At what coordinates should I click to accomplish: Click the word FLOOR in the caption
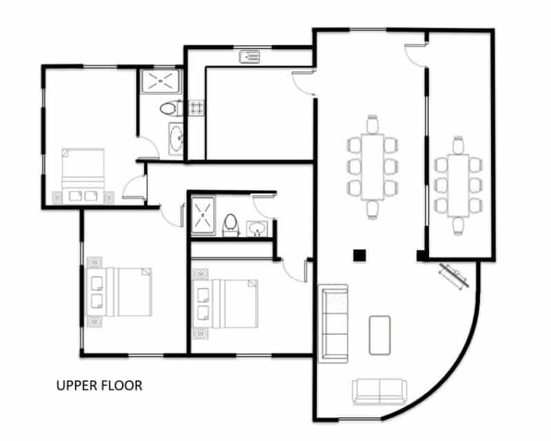(122, 386)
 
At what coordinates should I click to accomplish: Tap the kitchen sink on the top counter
(249, 57)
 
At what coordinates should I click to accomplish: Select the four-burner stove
(196, 107)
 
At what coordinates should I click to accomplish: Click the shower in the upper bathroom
(160, 81)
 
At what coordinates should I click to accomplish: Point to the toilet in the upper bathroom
(171, 108)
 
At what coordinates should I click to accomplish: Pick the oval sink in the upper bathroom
(176, 139)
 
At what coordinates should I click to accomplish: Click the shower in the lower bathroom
(202, 216)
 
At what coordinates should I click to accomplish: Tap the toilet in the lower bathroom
(231, 225)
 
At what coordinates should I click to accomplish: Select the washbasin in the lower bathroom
(257, 229)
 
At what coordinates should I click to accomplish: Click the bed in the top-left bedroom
(83, 176)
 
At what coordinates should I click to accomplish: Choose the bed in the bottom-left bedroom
(119, 292)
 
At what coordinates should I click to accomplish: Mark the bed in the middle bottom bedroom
(225, 304)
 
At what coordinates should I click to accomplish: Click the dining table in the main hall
(373, 167)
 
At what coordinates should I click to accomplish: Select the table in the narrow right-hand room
(458, 185)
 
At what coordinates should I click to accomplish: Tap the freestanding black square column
(360, 256)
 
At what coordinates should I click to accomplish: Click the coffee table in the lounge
(380, 335)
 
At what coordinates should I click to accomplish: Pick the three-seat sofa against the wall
(333, 324)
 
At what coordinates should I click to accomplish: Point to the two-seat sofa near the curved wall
(380, 391)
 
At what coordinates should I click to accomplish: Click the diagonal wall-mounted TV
(454, 276)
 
